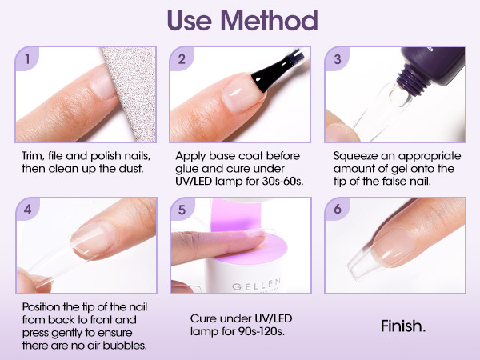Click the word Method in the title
click(x=269, y=20)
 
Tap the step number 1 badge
click(x=27, y=58)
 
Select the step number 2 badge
click(x=182, y=58)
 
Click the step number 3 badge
click(x=337, y=58)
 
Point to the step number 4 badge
click(x=27, y=209)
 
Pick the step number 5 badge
click(x=182, y=210)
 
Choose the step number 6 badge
click(x=338, y=209)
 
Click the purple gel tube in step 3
click(x=432, y=66)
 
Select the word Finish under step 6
click(x=403, y=326)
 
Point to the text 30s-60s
click(x=282, y=182)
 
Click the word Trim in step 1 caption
click(x=32, y=156)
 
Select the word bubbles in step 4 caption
click(x=125, y=346)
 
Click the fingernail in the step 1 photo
click(x=102, y=83)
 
